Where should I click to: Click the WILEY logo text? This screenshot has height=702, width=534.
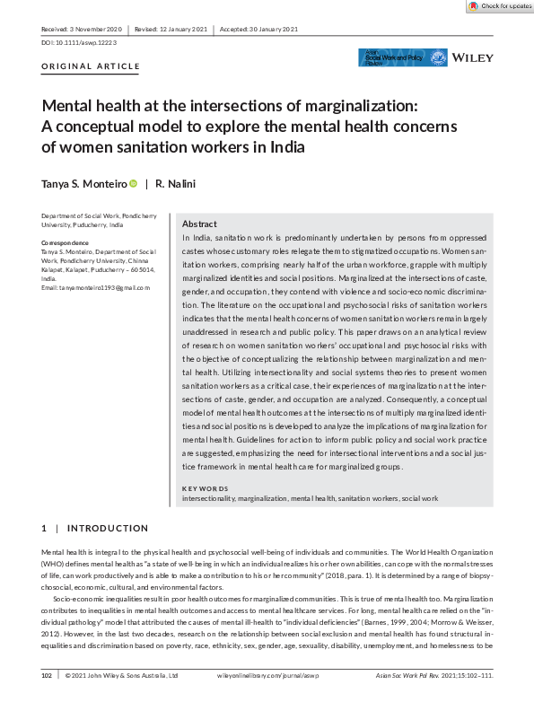474,57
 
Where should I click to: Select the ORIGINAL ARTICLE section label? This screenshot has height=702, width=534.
91,66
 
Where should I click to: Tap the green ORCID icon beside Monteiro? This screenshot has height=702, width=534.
133,183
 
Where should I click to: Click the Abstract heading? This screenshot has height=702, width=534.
199,224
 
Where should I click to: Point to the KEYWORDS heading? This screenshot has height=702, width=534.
206,488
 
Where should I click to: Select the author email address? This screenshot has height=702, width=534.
96,287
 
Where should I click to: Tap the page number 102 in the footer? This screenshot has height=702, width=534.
48,674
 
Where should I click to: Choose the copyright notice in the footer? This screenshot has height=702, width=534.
120,674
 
